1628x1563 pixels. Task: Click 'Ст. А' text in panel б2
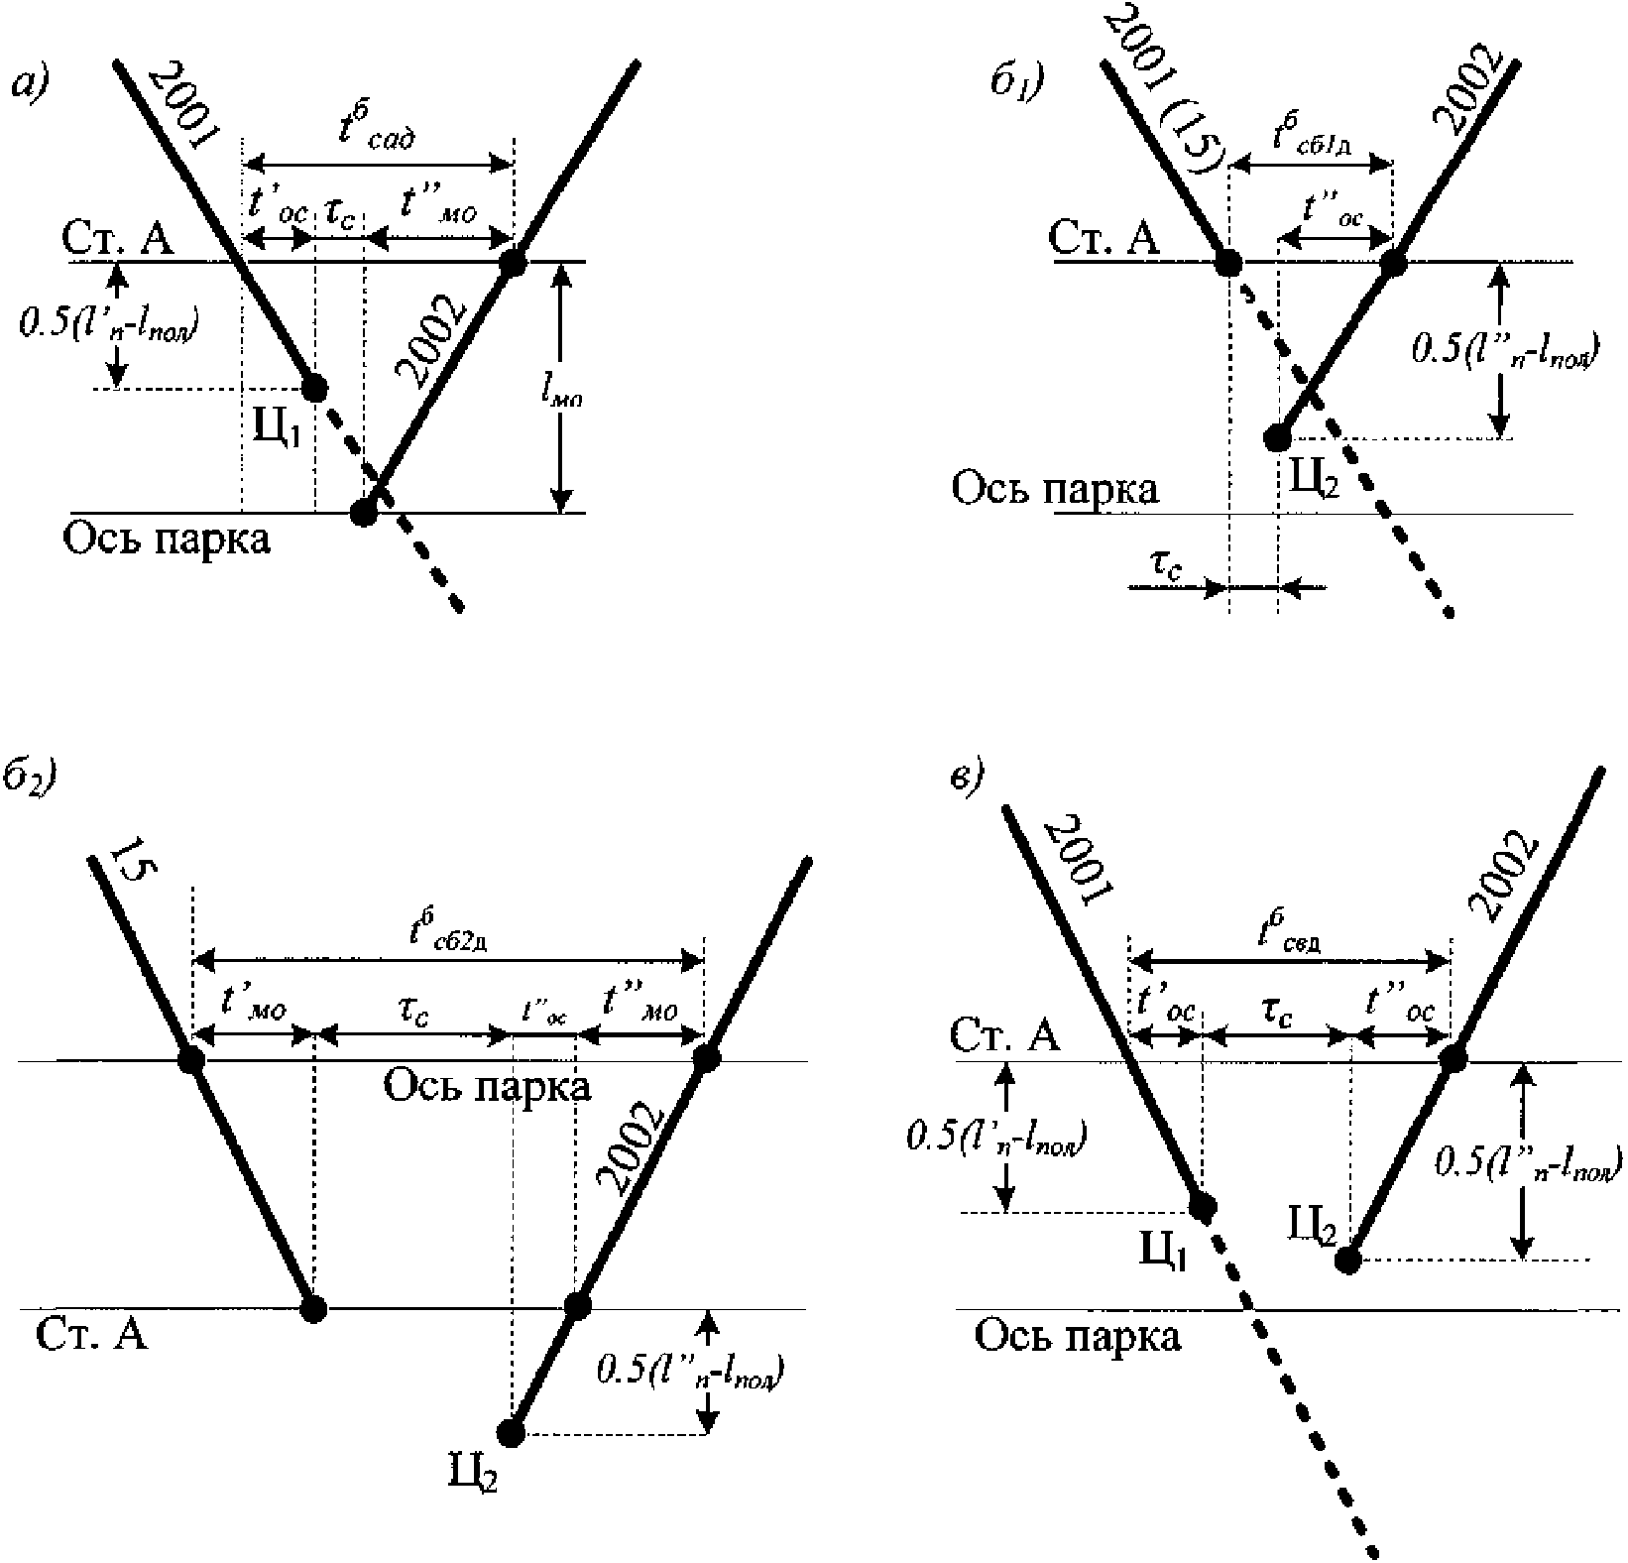tap(91, 1335)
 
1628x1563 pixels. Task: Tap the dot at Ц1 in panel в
tap(1202, 1206)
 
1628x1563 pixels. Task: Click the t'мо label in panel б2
tap(254, 1008)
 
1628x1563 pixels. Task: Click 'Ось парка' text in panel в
tap(1078, 1337)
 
